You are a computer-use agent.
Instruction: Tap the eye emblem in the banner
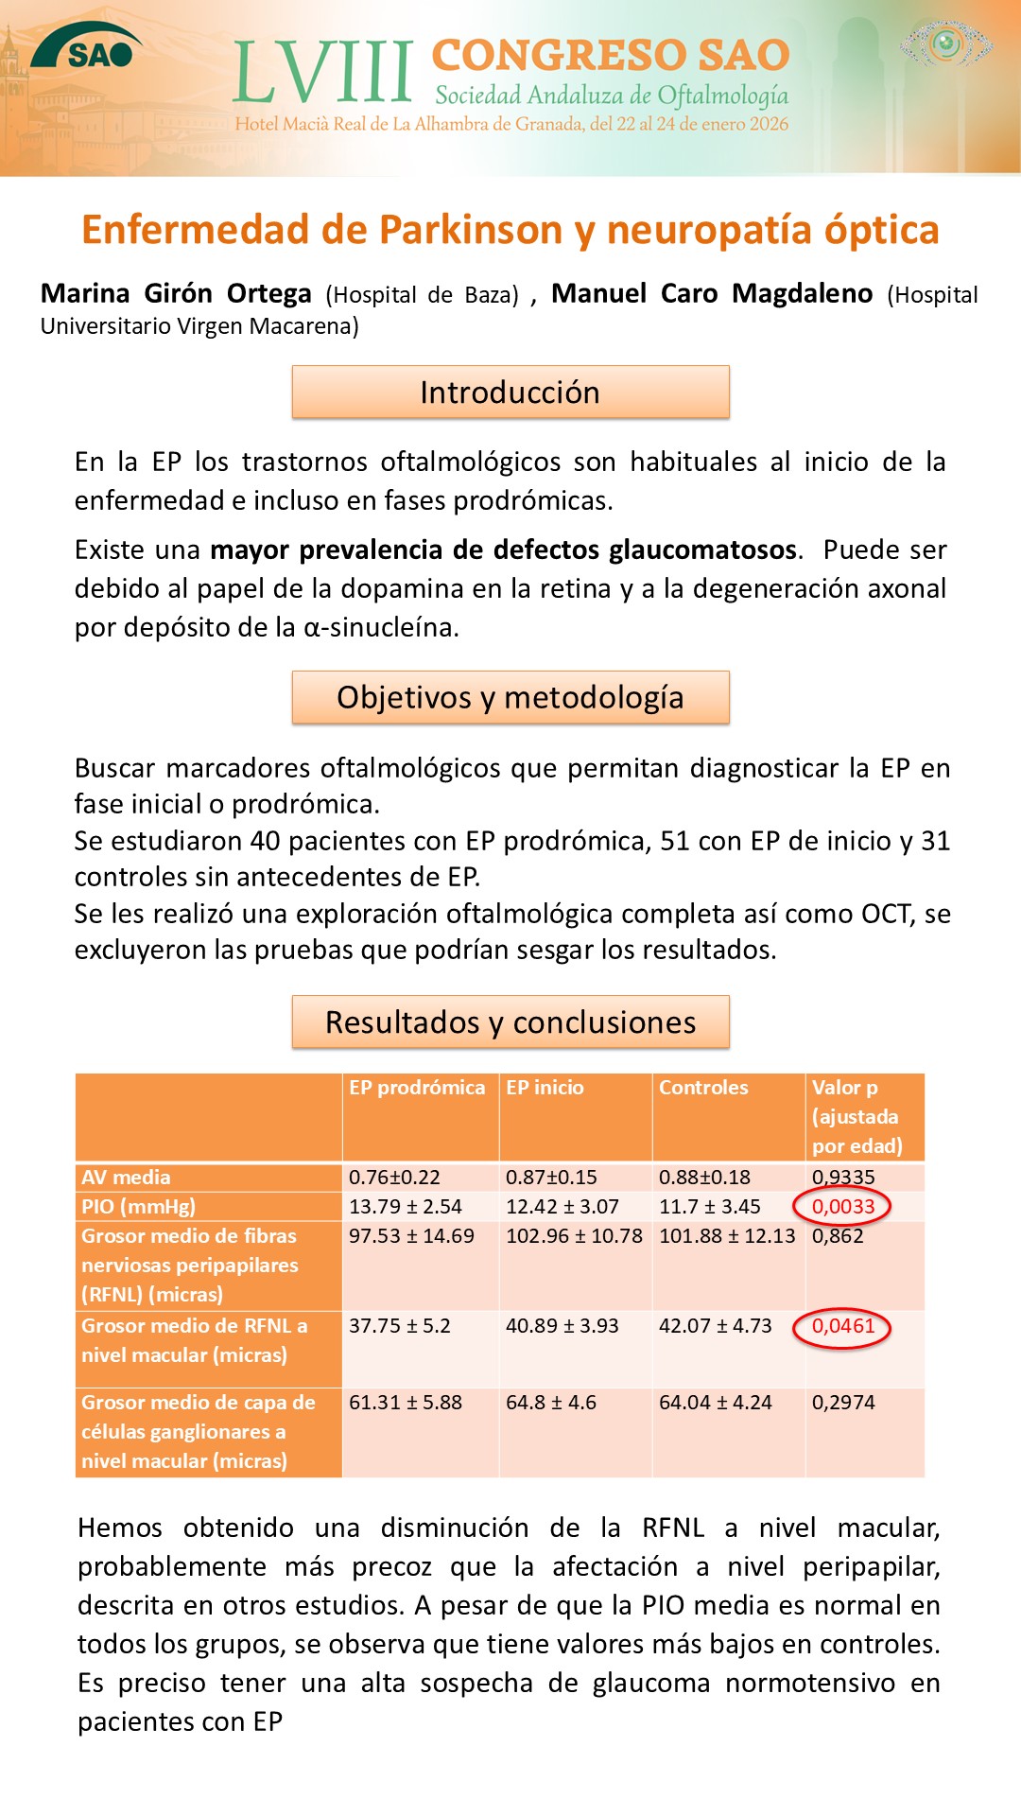pos(945,44)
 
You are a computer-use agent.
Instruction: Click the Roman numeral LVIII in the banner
pos(322,73)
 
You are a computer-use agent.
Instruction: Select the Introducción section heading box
pos(510,392)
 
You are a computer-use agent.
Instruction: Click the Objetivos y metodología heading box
pos(510,697)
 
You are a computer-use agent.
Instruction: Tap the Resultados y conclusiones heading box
pos(510,1021)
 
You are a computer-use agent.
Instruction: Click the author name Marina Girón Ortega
pos(176,293)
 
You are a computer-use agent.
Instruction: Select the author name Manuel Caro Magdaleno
pos(712,293)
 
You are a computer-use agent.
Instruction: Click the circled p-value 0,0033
pos(842,1206)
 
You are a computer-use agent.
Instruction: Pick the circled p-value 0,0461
pos(842,1326)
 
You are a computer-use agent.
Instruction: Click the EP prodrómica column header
pos(417,1088)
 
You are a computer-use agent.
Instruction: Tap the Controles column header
pos(703,1088)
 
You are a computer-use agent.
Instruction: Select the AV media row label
pos(126,1177)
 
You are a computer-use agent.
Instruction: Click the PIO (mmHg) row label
pos(138,1206)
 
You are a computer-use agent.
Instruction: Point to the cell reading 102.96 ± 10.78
pos(574,1236)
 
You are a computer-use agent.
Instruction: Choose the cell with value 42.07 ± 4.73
pos(716,1326)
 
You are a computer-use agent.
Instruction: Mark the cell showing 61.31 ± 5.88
pos(406,1403)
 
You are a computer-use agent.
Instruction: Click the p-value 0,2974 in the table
pos(843,1403)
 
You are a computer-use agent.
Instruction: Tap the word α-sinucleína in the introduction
pos(380,627)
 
